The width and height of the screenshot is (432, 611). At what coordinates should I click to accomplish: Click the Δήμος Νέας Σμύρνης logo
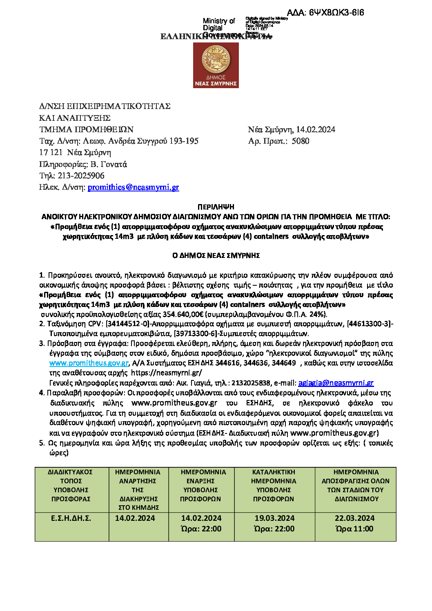pos(216,65)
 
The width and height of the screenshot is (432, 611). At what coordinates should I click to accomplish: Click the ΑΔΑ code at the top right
pos(325,13)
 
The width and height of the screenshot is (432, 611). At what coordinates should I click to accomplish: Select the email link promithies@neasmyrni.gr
pos(133,187)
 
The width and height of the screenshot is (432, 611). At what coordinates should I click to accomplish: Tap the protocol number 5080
pos(301,141)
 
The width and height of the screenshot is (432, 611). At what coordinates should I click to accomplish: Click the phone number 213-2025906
pos(81,176)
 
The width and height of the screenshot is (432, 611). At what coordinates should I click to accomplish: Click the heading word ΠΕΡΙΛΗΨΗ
pos(216,207)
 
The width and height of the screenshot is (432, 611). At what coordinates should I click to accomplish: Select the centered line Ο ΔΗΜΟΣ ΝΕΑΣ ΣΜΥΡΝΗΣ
pos(216,256)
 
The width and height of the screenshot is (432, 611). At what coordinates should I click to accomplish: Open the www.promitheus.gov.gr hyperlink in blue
pos(89,363)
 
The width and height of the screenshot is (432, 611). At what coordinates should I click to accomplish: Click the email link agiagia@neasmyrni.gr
pos(336,383)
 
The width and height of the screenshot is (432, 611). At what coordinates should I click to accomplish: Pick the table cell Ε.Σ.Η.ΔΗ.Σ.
pos(71,518)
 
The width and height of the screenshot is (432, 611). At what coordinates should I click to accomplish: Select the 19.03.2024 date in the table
pos(274,518)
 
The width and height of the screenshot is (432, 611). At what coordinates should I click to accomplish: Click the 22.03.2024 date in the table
pos(354,518)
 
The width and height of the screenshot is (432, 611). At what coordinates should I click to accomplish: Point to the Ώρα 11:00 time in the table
pos(354,529)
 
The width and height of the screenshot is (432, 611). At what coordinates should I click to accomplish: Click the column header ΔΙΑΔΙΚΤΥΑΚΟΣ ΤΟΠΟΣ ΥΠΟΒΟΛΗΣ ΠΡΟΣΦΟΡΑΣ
pos(71,485)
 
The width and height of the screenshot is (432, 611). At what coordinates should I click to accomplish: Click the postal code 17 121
pos(51,153)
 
